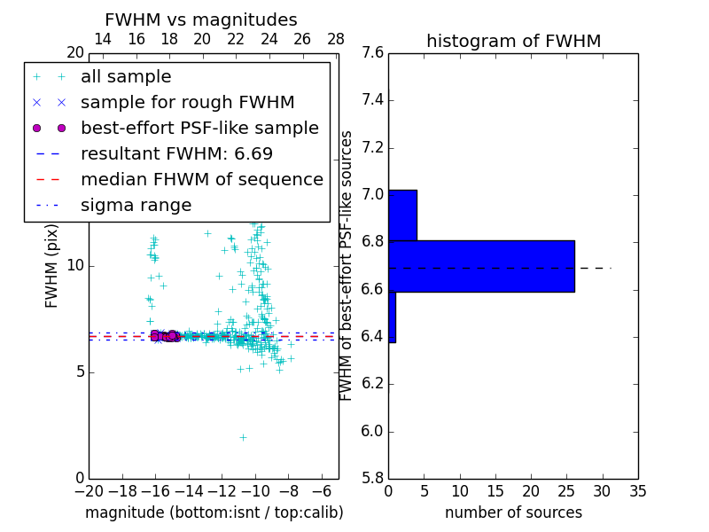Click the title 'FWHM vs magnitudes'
(201, 20)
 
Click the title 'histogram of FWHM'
(513, 42)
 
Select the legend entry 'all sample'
(126, 77)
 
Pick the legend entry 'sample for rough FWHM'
(187, 103)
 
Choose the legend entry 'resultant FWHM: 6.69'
(176, 154)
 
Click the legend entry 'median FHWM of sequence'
(201, 180)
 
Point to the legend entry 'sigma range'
(136, 206)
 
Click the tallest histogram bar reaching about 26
(481, 266)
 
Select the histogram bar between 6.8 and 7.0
(402, 215)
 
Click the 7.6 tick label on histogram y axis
(372, 53)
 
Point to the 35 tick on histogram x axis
(637, 490)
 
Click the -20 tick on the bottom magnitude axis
(89, 490)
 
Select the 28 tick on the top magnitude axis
(336, 39)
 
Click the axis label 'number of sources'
(513, 512)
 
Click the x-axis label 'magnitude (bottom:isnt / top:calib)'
(214, 512)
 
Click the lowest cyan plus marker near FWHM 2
(243, 437)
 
